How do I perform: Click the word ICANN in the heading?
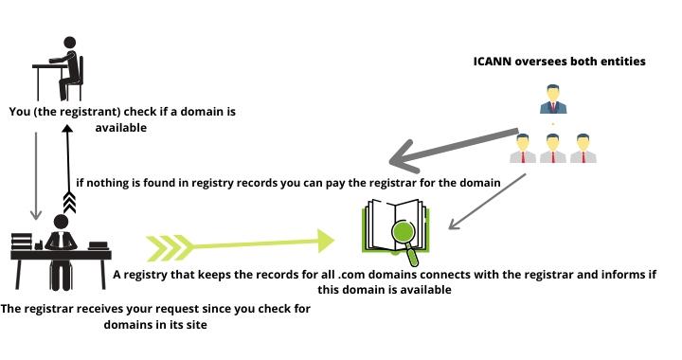click(494, 62)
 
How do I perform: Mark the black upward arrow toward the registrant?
click(65, 171)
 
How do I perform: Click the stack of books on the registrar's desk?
click(22, 248)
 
